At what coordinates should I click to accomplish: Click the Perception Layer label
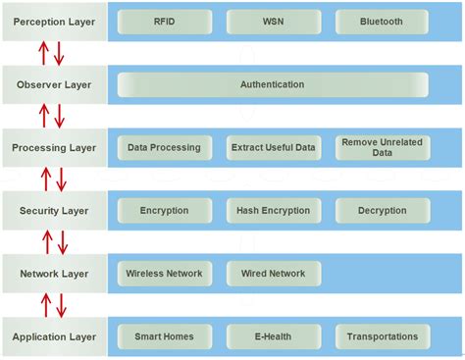tap(53, 21)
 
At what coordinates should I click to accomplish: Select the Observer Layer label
tap(53, 84)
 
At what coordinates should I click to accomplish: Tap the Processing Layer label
tap(53, 148)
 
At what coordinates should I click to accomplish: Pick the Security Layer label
tap(53, 210)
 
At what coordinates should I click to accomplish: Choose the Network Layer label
tap(53, 274)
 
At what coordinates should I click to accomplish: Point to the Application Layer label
tap(53, 336)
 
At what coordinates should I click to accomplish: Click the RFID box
tap(164, 22)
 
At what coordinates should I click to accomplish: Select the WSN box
tap(273, 22)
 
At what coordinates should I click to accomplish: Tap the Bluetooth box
tap(382, 22)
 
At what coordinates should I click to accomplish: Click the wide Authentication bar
tap(273, 85)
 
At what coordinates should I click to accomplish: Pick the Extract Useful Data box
tap(273, 148)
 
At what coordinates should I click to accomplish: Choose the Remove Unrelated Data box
tap(382, 148)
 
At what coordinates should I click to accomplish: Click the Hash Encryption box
tap(273, 211)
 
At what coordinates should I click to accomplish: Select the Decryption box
tap(382, 211)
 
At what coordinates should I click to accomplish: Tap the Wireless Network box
tap(164, 274)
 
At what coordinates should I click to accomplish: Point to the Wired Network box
tap(273, 274)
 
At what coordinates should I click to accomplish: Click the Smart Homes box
tap(164, 336)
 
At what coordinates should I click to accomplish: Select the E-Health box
tap(273, 336)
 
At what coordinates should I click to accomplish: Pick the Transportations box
tap(382, 336)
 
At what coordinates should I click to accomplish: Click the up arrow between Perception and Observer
tap(44, 53)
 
